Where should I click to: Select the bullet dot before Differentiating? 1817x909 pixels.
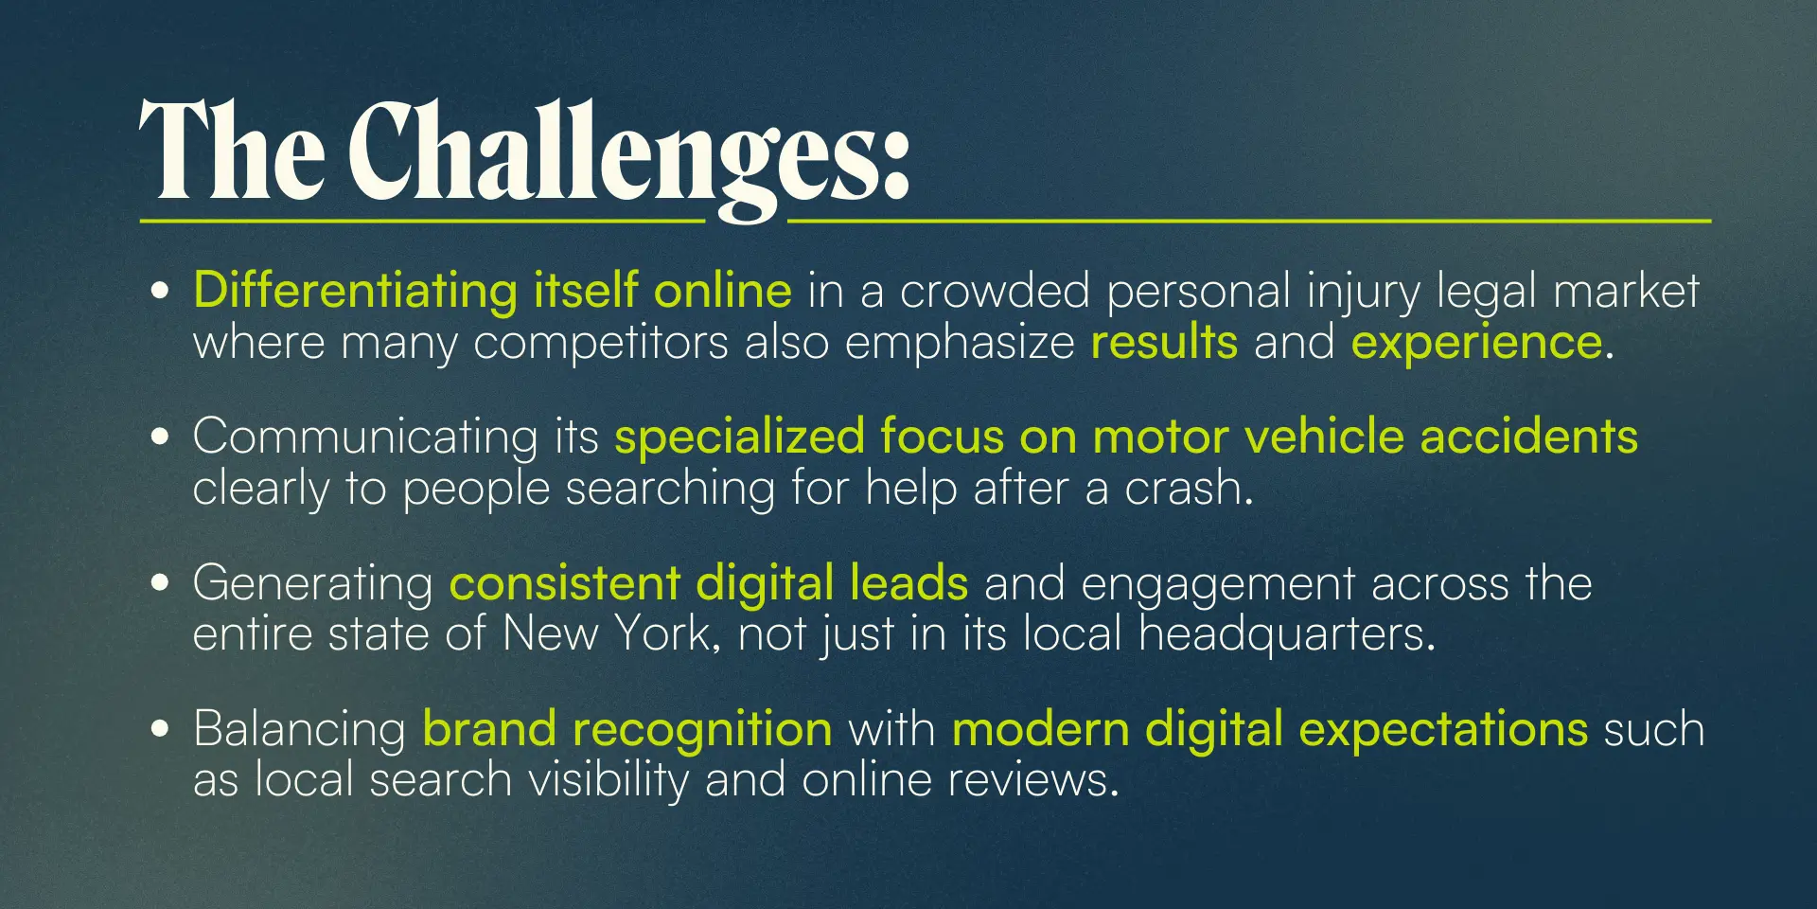160,291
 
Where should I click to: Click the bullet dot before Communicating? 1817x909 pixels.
160,437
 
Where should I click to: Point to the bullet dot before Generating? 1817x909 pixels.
160,582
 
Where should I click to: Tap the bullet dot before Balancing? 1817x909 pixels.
160,728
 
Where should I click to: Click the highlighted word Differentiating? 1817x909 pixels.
355,292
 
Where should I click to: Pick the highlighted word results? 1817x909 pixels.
1164,342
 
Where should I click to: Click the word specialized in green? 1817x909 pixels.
739,437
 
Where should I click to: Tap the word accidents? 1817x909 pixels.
1528,437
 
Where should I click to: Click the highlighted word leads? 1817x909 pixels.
908,582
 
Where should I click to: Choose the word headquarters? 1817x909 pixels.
1281,633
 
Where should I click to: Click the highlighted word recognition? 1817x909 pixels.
702,730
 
